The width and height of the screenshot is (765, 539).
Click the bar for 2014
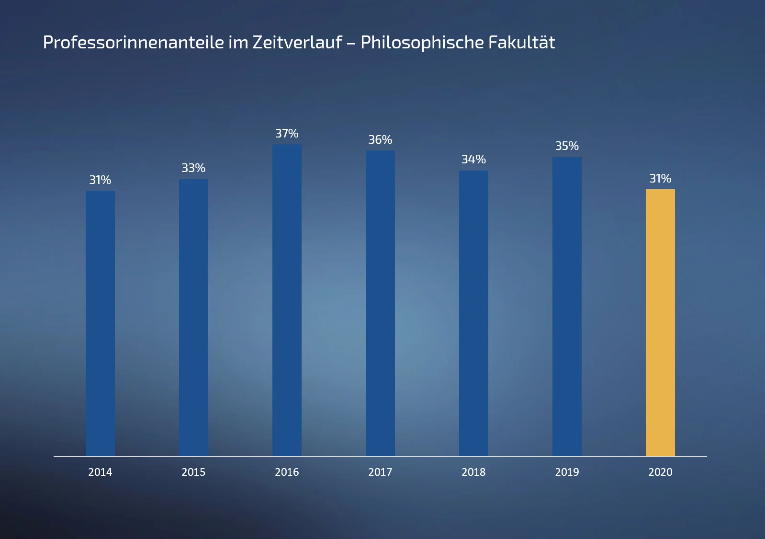coord(100,323)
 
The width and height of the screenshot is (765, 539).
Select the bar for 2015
coord(193,318)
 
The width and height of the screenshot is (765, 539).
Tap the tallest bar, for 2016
coord(287,300)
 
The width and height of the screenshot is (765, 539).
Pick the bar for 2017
coord(380,303)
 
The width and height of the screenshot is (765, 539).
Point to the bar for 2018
coord(473,313)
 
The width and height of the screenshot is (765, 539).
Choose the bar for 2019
coord(567,307)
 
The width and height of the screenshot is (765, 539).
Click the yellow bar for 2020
coord(660,322)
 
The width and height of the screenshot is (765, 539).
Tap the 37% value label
coord(287,134)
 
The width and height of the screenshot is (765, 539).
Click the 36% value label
coord(380,140)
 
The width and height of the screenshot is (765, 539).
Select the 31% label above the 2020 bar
coord(660,179)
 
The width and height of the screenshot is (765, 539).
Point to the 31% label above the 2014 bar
coord(100,180)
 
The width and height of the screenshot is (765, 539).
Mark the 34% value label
coord(473,160)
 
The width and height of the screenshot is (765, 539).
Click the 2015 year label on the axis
coord(193,472)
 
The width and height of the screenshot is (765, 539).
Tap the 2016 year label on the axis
coord(287,472)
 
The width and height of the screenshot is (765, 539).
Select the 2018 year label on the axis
coord(473,472)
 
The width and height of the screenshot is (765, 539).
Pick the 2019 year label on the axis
coord(567,472)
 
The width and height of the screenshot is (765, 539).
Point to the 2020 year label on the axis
coord(660,472)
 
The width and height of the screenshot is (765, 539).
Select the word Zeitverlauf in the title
coord(297,43)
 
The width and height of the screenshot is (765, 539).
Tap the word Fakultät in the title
coord(521,43)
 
